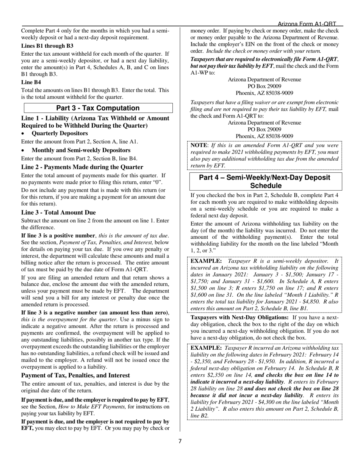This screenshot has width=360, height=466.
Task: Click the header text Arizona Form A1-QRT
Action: [307, 23]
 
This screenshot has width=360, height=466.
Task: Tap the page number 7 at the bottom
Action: [180, 441]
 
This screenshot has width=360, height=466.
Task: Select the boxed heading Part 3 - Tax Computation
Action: [98, 108]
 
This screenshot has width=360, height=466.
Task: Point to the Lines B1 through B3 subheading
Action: [47, 46]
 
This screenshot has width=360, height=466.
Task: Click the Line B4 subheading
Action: [31, 82]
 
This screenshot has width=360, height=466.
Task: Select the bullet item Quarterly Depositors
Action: [59, 133]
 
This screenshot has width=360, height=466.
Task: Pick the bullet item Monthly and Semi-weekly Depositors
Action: [81, 150]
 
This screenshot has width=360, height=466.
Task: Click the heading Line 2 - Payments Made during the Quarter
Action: [82, 167]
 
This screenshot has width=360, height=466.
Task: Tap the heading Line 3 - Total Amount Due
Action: [58, 213]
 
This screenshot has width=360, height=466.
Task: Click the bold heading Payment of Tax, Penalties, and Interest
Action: [75, 375]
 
